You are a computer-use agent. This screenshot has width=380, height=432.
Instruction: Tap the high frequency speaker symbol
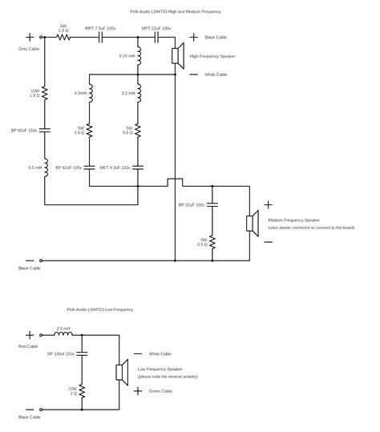coord(178,55)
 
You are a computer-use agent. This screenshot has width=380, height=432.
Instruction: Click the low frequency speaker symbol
coord(122,371)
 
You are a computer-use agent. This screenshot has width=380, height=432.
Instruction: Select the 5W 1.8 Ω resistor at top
coord(63,37)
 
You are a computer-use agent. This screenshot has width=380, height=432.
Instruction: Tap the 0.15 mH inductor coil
coord(139,55)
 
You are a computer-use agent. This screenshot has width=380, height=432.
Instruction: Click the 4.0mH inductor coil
coord(90,94)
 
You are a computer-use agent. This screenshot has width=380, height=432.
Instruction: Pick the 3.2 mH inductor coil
coord(139,94)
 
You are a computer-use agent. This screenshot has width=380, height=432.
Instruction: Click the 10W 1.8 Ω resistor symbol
coord(45,94)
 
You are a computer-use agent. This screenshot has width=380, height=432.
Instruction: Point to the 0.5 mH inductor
coord(45,168)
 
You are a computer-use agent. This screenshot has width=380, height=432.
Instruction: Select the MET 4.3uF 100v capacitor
coord(139,168)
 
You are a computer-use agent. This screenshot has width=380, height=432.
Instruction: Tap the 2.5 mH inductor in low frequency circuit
coord(63,333)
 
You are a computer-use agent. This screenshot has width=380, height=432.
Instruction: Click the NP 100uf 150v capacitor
coord(83,353)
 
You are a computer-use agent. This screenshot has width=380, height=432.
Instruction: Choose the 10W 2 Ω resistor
coord(83,391)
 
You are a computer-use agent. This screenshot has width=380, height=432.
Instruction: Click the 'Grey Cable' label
coord(29,50)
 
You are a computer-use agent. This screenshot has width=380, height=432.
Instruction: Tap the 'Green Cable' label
coord(160,391)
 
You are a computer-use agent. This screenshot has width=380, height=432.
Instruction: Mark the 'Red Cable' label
coord(28,346)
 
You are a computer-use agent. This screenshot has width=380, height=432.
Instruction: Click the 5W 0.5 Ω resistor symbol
coord(212,241)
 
